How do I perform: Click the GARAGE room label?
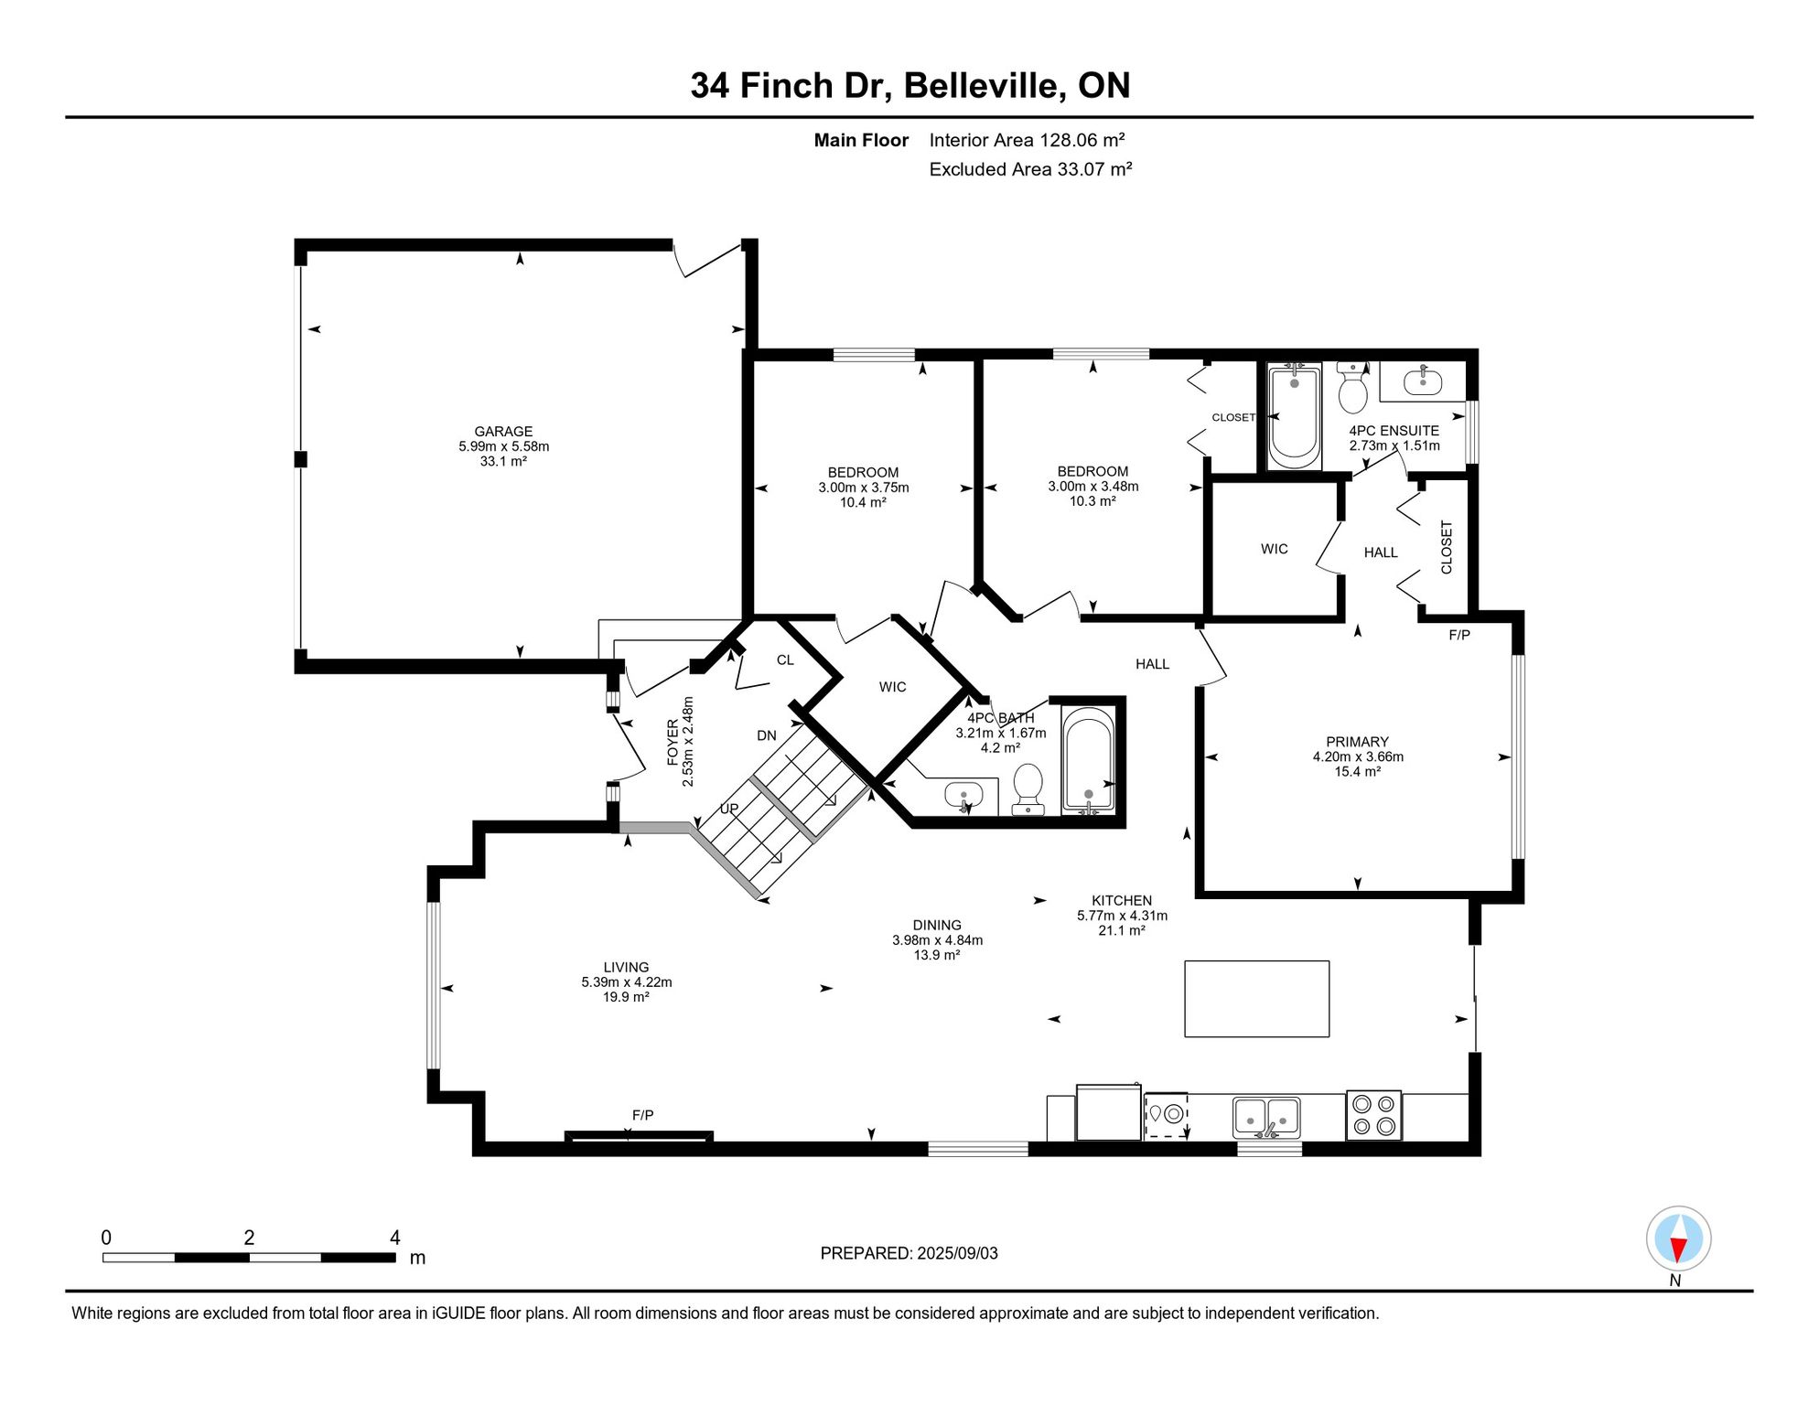[x=503, y=432]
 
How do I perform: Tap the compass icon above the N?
[x=1678, y=1239]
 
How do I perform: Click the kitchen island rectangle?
[x=1256, y=999]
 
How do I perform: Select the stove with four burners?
[x=1373, y=1115]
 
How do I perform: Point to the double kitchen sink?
[x=1266, y=1117]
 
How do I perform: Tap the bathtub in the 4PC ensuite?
[x=1294, y=416]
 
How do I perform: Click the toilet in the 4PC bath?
[x=1028, y=788]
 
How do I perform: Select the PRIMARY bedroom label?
[x=1357, y=742]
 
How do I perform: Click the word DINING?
[x=937, y=925]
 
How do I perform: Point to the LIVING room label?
[x=626, y=967]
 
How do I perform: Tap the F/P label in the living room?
[x=642, y=1115]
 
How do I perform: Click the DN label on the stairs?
[x=767, y=735]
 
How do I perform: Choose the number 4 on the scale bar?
[x=395, y=1238]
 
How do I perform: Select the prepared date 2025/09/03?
[x=958, y=1253]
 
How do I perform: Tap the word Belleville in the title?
[x=985, y=85]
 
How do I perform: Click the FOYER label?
[x=673, y=742]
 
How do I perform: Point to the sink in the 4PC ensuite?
[x=1422, y=381]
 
